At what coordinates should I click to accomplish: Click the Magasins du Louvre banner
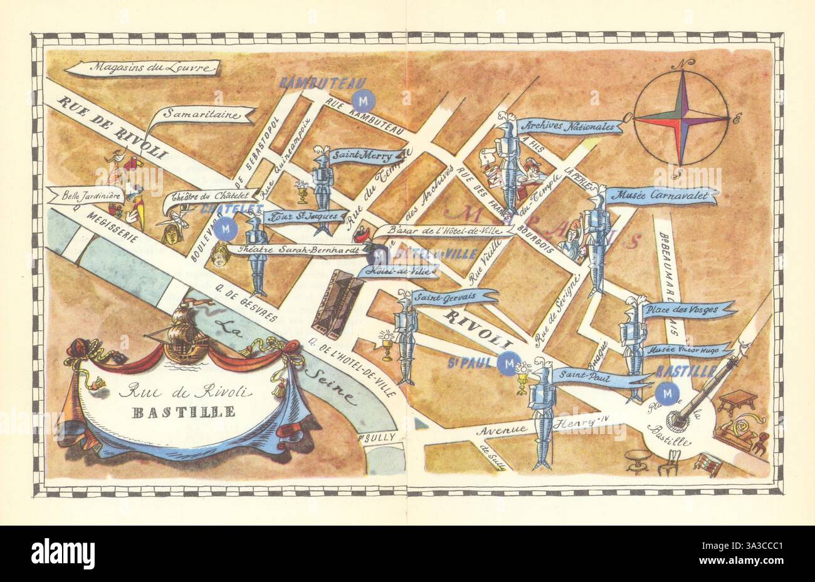coord(144,68)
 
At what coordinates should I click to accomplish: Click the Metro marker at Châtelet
coord(225,229)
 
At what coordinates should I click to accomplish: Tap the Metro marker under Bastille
coord(666,393)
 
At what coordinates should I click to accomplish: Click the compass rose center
coord(681,118)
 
